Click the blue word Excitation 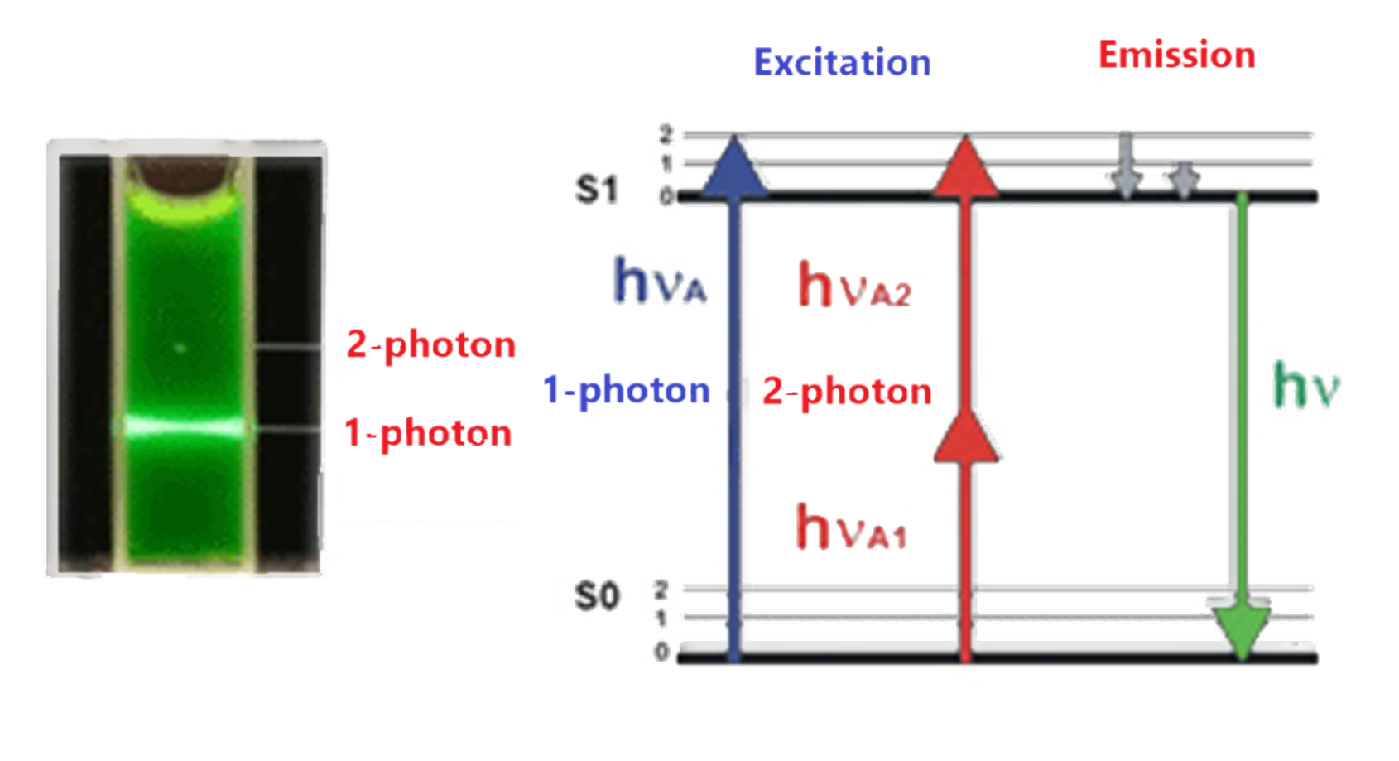pyautogui.click(x=842, y=63)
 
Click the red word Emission pyautogui.click(x=1175, y=55)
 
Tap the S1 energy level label pyautogui.click(x=596, y=190)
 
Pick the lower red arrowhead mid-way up pyautogui.click(x=965, y=437)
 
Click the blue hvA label pyautogui.click(x=661, y=282)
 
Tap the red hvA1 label pyautogui.click(x=851, y=527)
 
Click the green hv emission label pyautogui.click(x=1305, y=388)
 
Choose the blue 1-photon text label pyautogui.click(x=627, y=391)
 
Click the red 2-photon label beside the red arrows pyautogui.click(x=846, y=391)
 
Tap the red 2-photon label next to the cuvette pyautogui.click(x=430, y=344)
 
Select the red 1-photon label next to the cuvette pyautogui.click(x=428, y=433)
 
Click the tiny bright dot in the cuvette pyautogui.click(x=181, y=348)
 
